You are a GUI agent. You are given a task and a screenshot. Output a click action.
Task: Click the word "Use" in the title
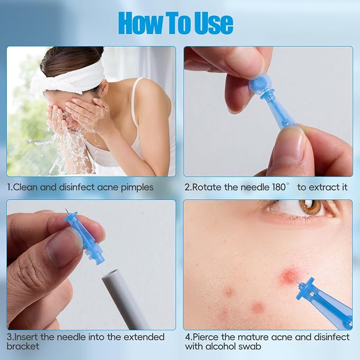click(214, 23)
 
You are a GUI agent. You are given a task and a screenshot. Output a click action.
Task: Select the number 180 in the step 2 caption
click(279, 187)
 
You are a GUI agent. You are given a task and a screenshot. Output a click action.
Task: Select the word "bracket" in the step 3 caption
click(23, 346)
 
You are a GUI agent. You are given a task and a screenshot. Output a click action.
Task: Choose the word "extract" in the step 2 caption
click(322, 187)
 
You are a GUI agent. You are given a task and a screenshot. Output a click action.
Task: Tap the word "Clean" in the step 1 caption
click(25, 187)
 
